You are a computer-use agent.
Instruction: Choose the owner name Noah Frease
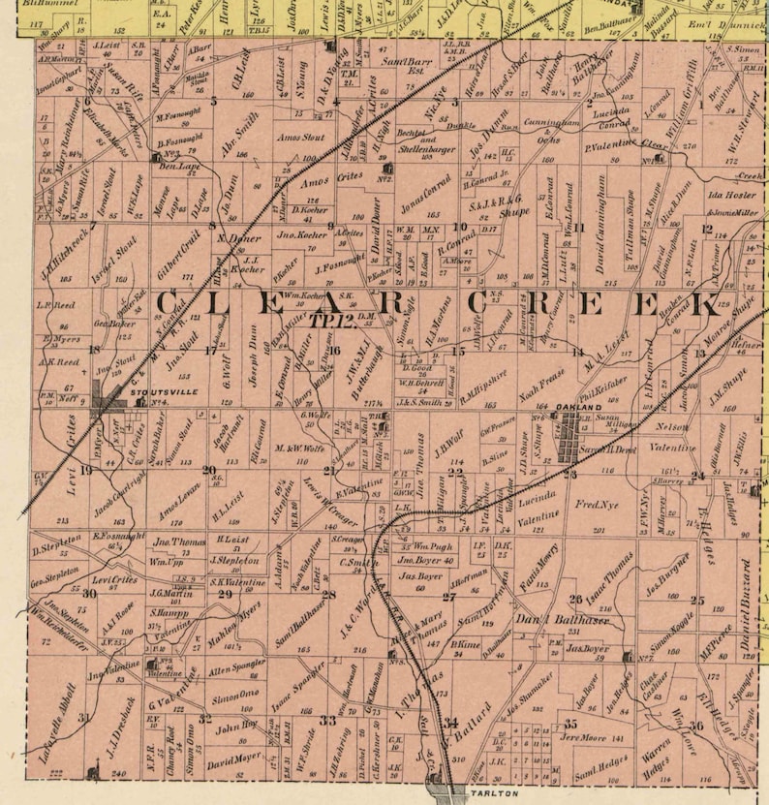pos(541,383)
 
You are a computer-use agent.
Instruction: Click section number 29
pos(225,593)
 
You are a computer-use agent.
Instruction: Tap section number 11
pos(581,228)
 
